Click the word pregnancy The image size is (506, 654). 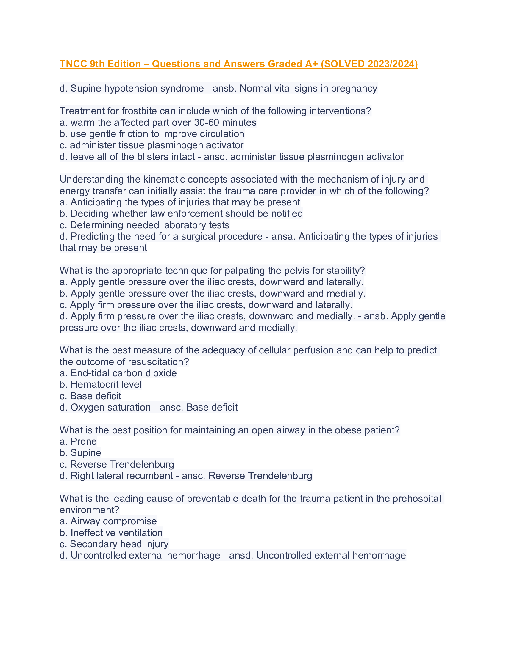[x=354, y=88]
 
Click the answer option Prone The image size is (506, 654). [x=83, y=441]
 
